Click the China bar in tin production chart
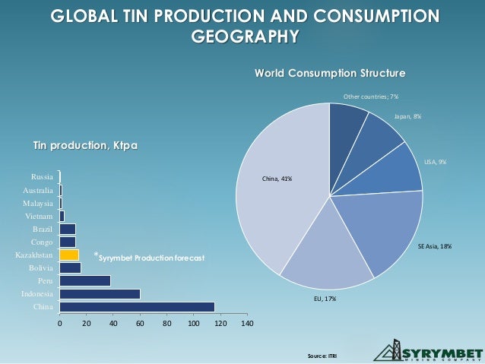[x=137, y=307]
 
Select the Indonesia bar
[x=100, y=293]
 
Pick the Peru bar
[x=85, y=280]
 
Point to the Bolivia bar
[x=70, y=267]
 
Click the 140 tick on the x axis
[x=247, y=324]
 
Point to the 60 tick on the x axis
[x=140, y=324]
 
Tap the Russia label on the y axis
[x=41, y=177]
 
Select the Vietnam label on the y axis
[x=39, y=216]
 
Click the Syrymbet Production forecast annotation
[x=148, y=258]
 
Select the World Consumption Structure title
[x=329, y=74]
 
